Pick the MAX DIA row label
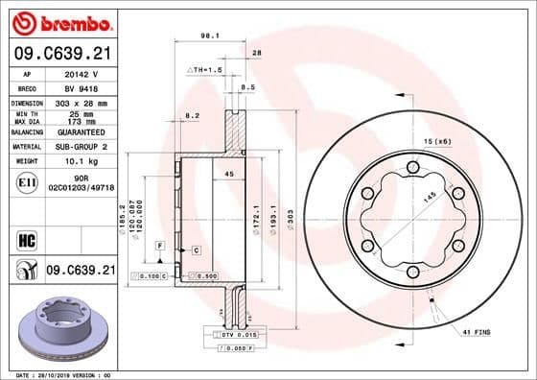pos(27,122)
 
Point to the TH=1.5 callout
pos(203,71)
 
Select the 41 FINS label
pos(476,331)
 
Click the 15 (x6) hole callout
pos(437,141)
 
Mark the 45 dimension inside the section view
pos(229,174)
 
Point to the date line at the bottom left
pos(58,374)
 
